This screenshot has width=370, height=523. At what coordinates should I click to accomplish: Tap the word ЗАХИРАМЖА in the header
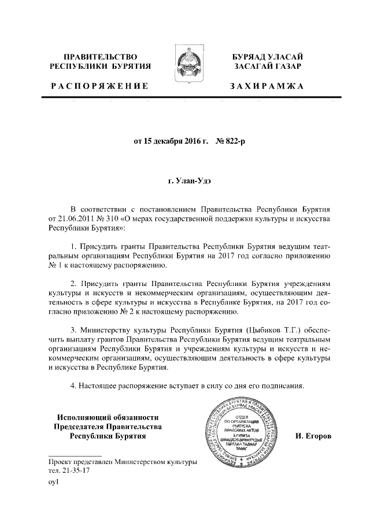coord(266,87)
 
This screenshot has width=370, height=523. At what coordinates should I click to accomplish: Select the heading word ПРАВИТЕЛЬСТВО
coord(100,57)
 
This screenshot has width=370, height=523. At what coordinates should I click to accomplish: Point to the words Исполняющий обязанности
coord(108,417)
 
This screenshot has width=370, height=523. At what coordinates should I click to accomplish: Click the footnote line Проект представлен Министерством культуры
coord(123,462)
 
